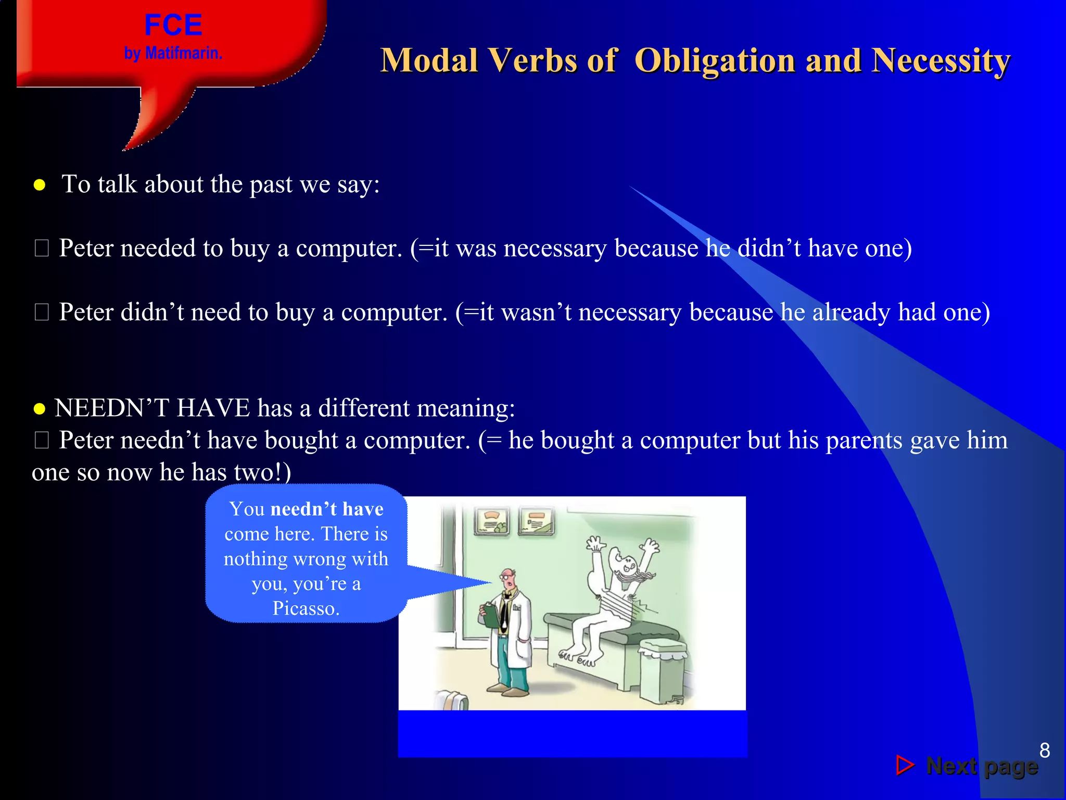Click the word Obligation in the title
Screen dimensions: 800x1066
[715, 61]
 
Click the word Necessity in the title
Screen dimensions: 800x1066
[941, 61]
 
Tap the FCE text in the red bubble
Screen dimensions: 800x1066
[173, 25]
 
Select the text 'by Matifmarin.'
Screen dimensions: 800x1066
[173, 53]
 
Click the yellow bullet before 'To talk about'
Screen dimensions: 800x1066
[39, 185]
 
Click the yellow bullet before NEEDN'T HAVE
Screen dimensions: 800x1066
[39, 409]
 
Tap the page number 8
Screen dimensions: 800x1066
[1044, 751]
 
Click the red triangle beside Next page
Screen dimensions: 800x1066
[905, 765]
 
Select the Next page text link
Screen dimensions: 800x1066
[982, 767]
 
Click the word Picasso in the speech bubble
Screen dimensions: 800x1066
[306, 608]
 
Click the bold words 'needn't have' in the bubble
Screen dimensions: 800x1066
[327, 509]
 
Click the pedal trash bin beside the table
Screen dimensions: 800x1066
[662, 672]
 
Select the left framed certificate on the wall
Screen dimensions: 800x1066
[491, 521]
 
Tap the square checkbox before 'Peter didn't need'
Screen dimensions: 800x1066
[42, 312]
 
